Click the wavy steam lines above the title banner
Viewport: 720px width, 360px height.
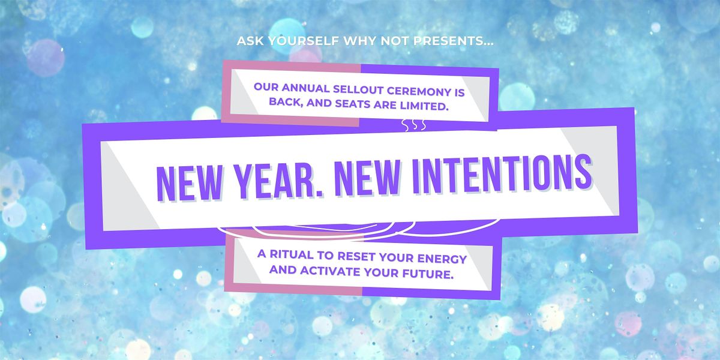coord(414,125)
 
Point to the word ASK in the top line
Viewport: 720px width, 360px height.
coord(249,41)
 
